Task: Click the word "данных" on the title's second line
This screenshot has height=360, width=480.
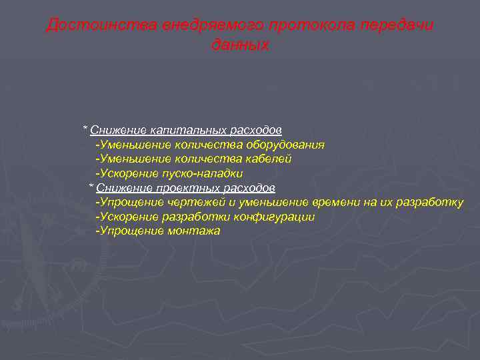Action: pos(240,45)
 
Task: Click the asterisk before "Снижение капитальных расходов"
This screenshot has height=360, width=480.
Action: pos(85,128)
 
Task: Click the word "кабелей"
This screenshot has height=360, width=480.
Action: pos(269,159)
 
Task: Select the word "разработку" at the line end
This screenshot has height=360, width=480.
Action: pos(431,203)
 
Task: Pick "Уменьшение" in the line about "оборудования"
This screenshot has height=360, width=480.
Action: pos(134,144)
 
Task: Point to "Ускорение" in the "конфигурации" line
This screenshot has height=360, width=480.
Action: pos(127,217)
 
